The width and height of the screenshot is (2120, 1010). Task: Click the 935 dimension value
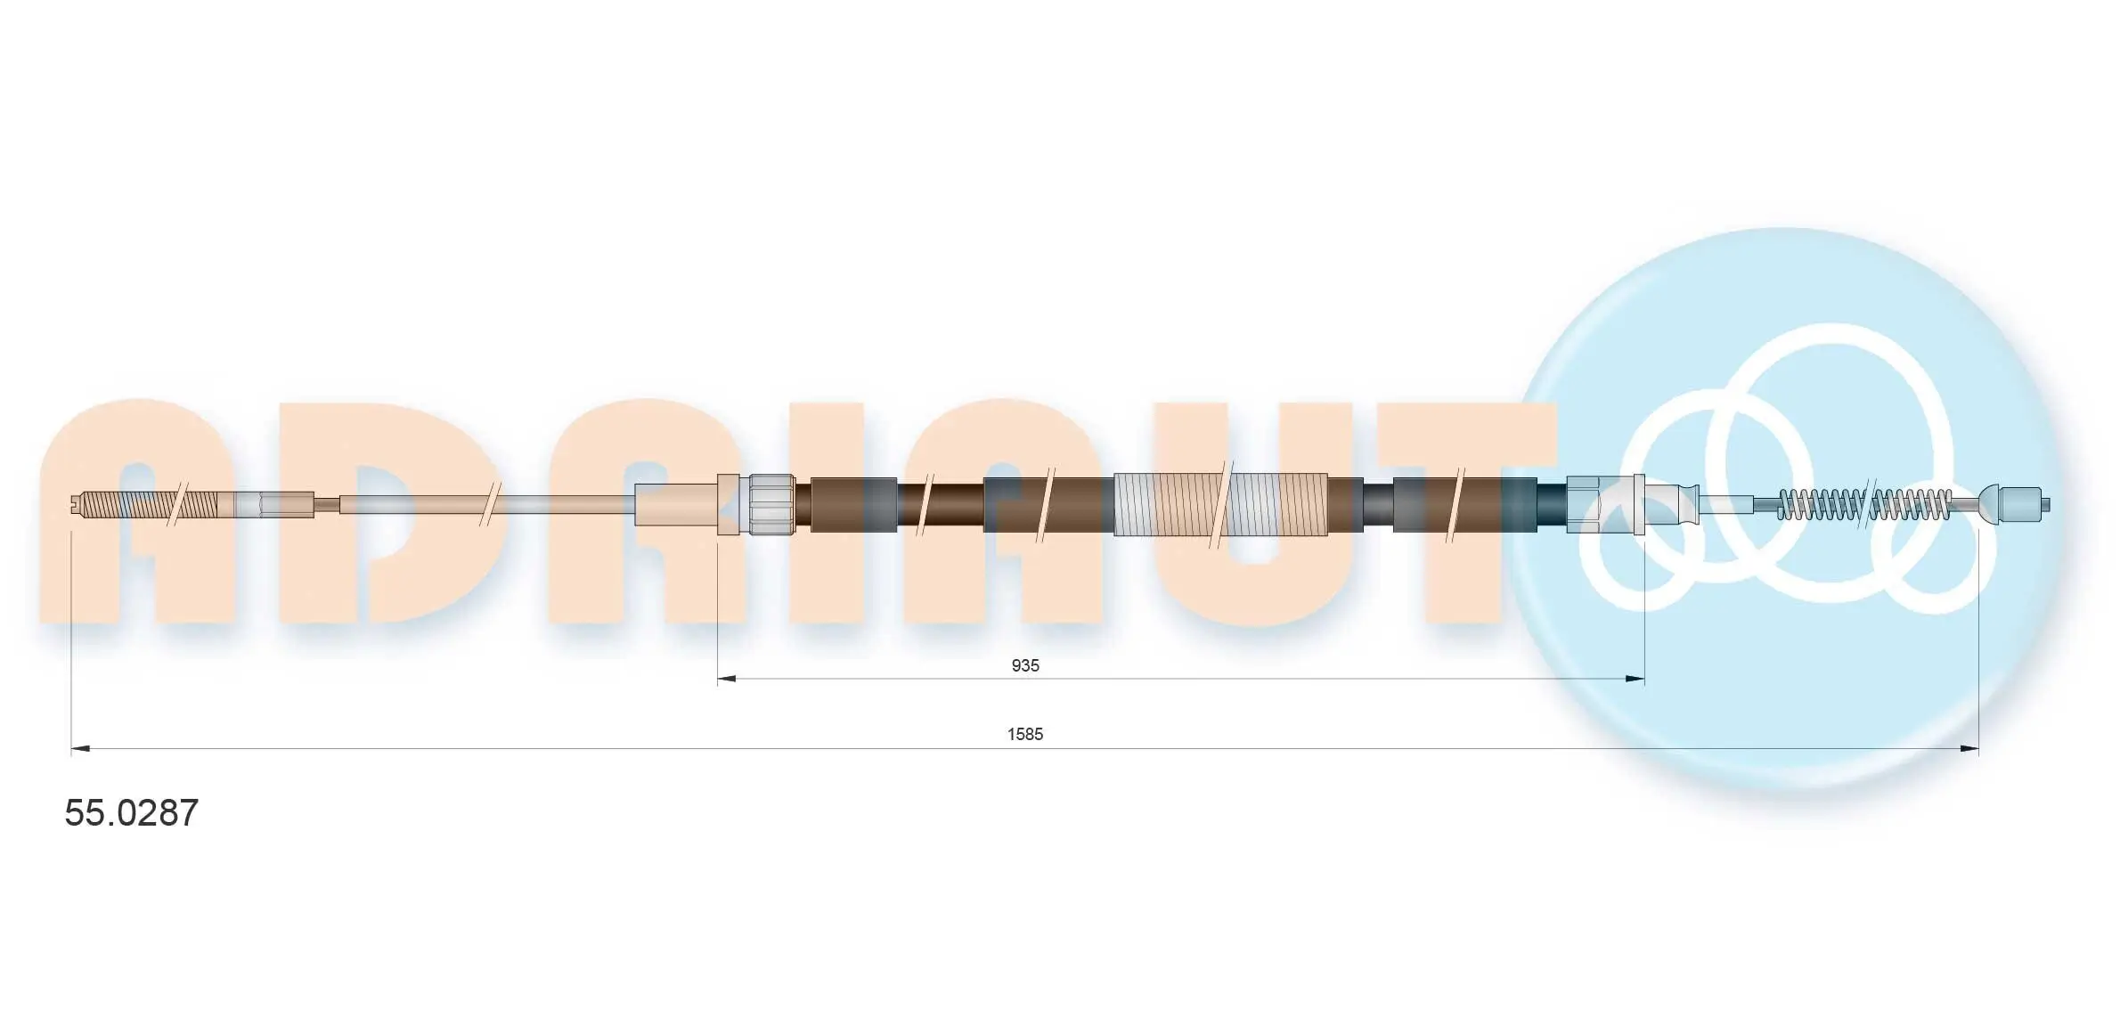point(1025,665)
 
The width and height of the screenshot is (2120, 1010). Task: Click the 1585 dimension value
point(1025,734)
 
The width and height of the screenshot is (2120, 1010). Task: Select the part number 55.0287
point(132,812)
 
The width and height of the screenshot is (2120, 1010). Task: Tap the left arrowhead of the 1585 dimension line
point(80,749)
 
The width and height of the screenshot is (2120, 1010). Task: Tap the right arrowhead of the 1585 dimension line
point(1969,749)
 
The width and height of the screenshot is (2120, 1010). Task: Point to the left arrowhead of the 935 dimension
point(727,679)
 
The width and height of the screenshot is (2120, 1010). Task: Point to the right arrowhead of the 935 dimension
point(1635,679)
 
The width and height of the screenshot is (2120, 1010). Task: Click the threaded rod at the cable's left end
point(147,505)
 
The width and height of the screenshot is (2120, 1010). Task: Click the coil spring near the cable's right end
point(1865,505)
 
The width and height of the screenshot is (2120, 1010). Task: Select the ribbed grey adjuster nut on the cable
point(771,504)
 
